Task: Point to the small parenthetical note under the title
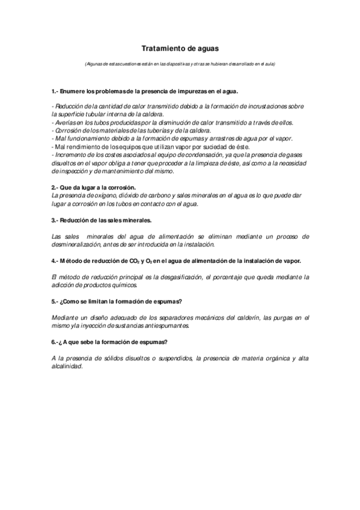click(x=180, y=64)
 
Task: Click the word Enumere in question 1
click(x=75, y=91)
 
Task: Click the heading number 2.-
click(x=55, y=188)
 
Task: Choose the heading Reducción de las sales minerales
click(x=105, y=220)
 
